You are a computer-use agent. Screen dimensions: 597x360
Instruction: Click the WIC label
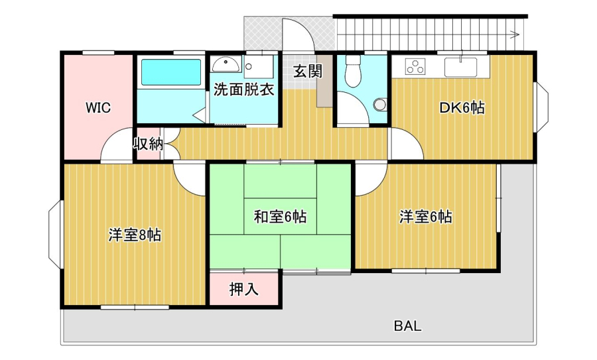pos(98,107)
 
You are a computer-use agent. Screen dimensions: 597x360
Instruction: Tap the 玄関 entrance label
pos(308,71)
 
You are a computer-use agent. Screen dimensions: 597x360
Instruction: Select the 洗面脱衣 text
pos(243,90)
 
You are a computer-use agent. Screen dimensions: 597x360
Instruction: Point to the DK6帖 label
pos(462,107)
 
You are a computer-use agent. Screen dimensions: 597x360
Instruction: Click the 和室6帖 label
pos(280,217)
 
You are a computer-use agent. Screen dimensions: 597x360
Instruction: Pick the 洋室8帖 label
pos(135,235)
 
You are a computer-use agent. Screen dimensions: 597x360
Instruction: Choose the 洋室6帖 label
pos(426,217)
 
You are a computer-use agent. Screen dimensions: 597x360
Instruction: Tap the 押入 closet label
pos(243,289)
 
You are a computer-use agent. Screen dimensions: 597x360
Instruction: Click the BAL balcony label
pos(407,326)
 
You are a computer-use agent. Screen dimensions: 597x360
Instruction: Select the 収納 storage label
pos(148,144)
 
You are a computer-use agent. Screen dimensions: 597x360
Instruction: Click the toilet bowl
pos(353,71)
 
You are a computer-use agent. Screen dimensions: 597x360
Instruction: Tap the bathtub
pos(171,72)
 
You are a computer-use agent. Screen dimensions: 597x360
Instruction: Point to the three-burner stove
pos(415,66)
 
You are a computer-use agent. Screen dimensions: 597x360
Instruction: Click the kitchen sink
pos(460,67)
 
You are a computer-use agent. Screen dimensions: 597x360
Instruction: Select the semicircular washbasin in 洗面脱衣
pos(226,65)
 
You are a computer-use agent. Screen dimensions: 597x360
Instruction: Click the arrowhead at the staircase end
pos(515,34)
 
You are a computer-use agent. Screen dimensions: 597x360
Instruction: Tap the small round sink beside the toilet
pos(379,104)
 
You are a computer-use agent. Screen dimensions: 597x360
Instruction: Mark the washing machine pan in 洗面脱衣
pos(259,67)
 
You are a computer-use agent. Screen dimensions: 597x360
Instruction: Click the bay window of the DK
pos(542,107)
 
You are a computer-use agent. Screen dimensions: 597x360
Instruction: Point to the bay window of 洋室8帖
pos(55,235)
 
